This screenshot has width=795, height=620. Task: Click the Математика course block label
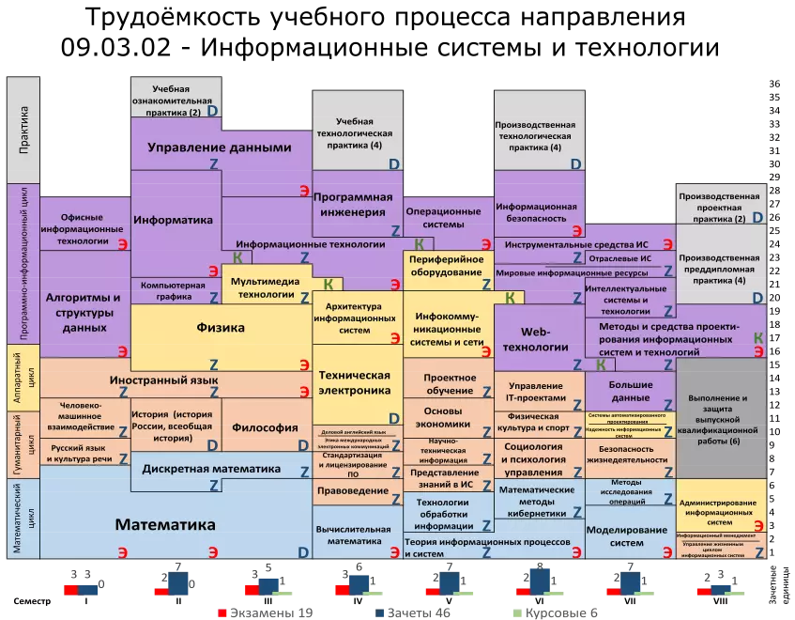[165, 524]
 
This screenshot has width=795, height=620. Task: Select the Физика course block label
[221, 328]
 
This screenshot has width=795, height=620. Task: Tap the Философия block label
[265, 427]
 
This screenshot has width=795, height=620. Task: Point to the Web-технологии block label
[534, 339]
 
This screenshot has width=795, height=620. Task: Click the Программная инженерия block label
[352, 204]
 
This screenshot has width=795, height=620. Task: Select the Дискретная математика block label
[211, 469]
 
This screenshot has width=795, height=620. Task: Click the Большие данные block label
[630, 391]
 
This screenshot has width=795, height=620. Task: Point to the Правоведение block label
[352, 490]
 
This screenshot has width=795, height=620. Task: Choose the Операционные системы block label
[442, 217]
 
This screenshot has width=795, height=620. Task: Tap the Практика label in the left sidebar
[23, 129]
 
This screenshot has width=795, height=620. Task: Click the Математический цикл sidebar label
[23, 519]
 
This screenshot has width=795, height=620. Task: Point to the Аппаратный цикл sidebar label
[23, 378]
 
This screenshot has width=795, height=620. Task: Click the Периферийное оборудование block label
[446, 265]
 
